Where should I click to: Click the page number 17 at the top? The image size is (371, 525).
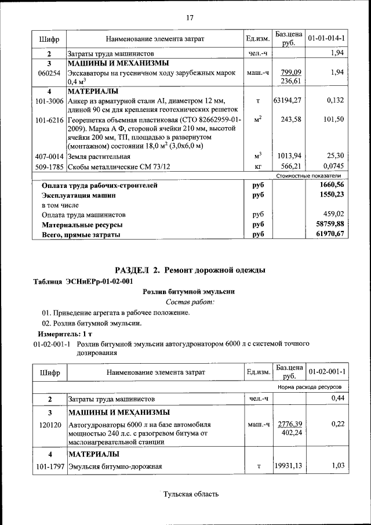click(189, 17)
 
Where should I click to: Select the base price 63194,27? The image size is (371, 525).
click(288, 100)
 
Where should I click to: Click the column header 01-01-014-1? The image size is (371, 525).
click(326, 39)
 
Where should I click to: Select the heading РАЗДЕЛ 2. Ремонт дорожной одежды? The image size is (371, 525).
click(190, 270)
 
